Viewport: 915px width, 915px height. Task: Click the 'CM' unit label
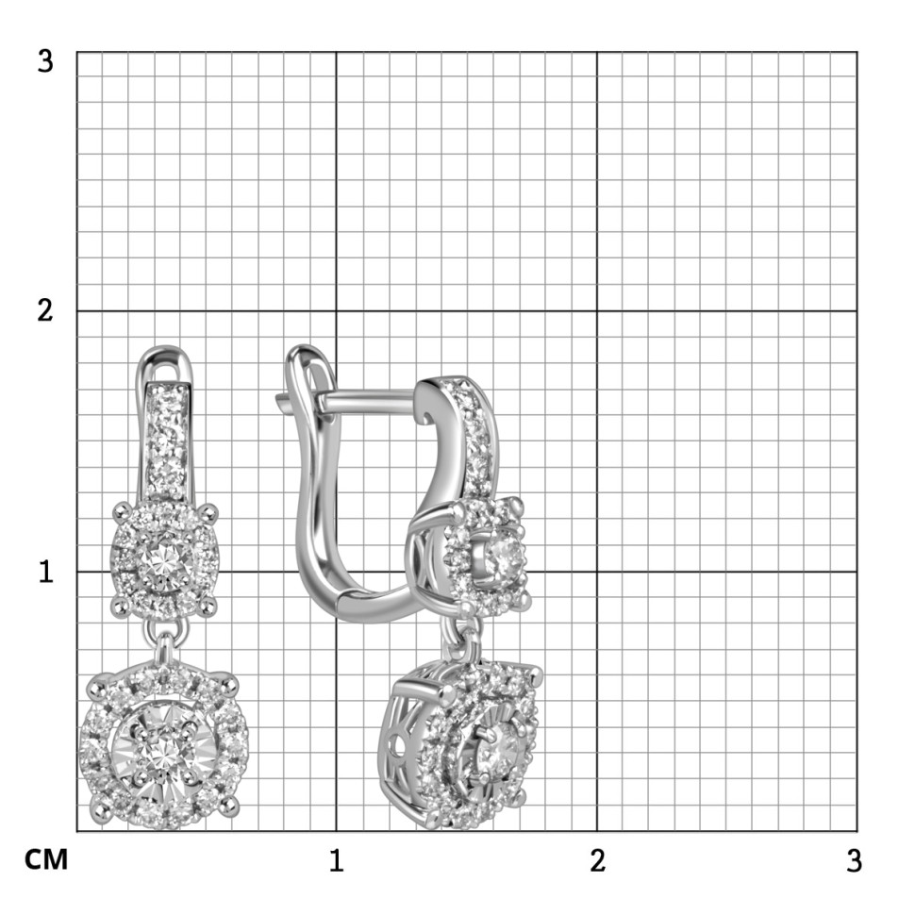pos(46,859)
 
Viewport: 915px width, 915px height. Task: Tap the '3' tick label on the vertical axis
pos(45,61)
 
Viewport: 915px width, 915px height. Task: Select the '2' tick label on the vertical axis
pos(45,310)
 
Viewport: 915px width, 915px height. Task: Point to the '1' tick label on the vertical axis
pos(46,572)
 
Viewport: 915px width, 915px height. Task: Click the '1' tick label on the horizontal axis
pos(336,860)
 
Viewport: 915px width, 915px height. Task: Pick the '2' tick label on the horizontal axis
pos(597,860)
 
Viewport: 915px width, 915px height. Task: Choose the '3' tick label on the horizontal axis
pos(855,860)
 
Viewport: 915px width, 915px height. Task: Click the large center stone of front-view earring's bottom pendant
pos(164,750)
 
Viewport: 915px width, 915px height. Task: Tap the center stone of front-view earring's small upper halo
pos(163,559)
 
